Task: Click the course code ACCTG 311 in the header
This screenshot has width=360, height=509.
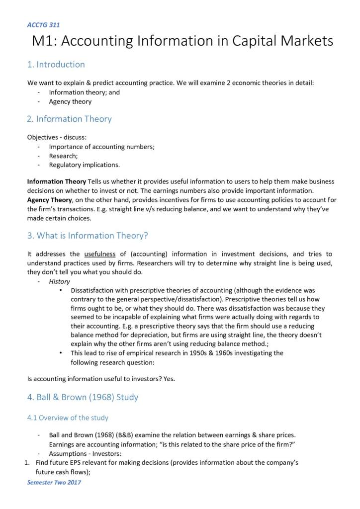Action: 43,25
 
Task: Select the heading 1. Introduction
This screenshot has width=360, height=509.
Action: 56,65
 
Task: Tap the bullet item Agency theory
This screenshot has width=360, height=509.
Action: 70,101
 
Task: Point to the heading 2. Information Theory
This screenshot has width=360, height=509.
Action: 69,119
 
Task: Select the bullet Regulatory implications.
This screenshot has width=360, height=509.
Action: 84,165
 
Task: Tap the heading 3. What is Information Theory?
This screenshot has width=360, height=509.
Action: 88,236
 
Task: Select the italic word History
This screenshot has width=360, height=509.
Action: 59,281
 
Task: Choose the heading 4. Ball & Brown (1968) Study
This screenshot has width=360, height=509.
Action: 83,397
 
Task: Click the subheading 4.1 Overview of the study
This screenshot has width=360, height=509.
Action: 68,418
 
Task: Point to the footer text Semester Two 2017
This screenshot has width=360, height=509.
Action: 54,482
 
